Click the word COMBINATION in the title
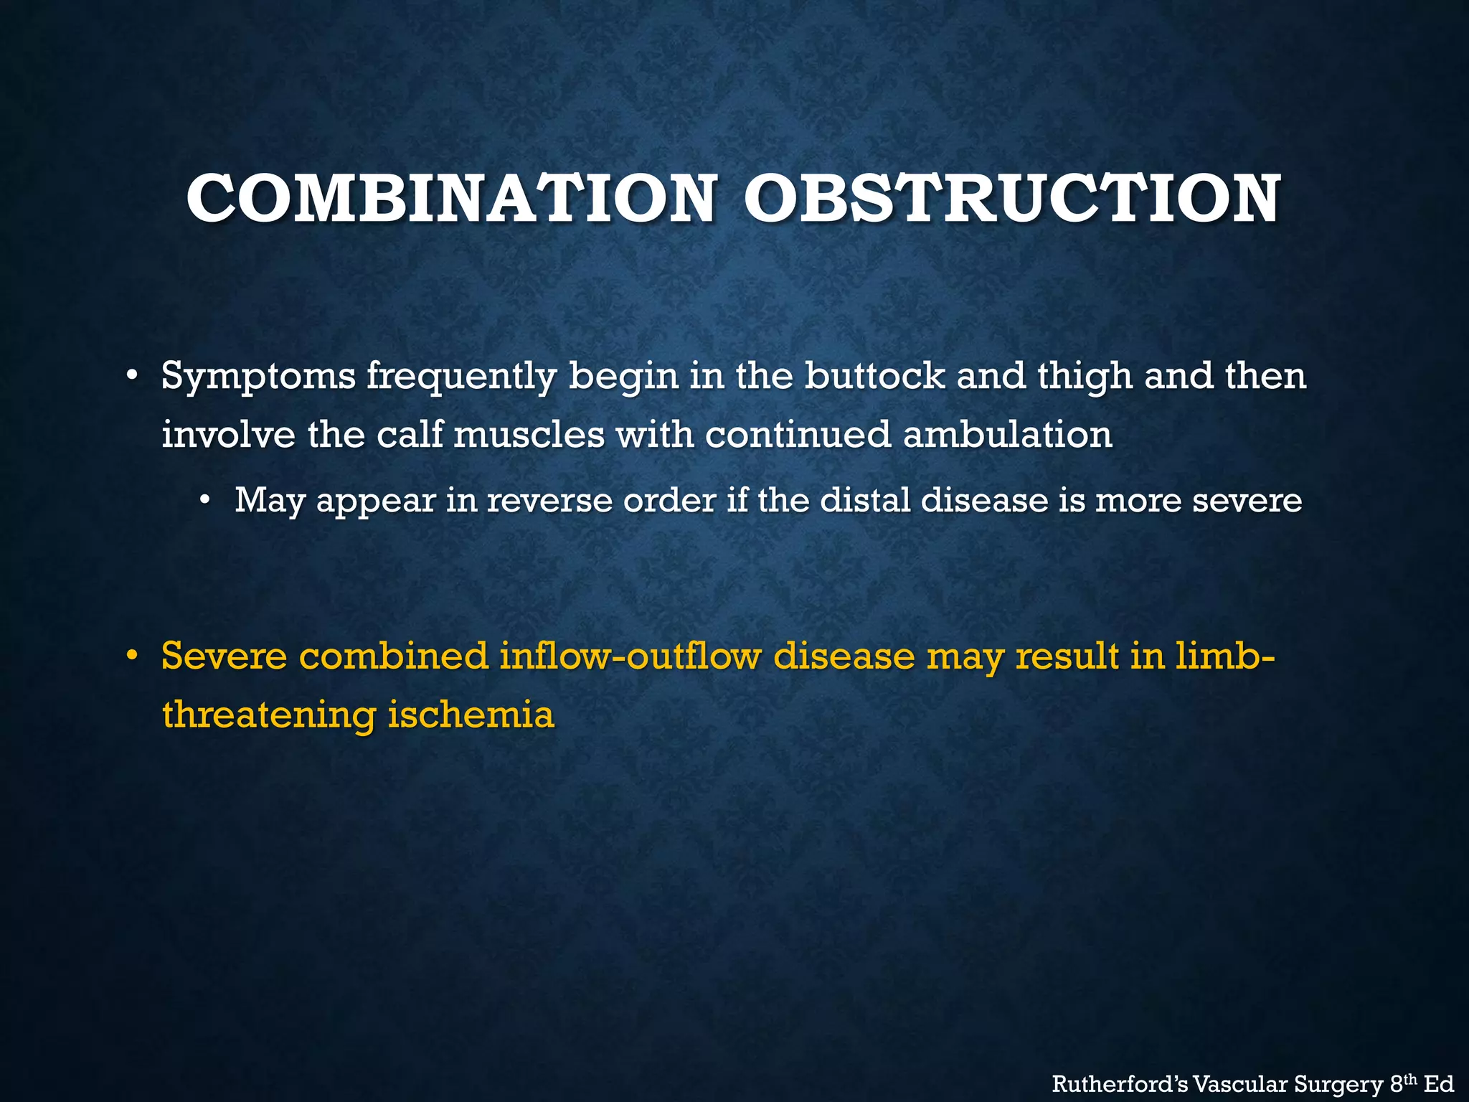tap(450, 199)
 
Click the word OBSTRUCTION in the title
tap(1011, 199)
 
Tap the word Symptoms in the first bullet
tap(258, 376)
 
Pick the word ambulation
tap(1007, 434)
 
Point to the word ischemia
tap(471, 715)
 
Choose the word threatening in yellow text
tap(269, 715)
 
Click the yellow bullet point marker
tap(131, 656)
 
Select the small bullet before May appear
tap(206, 500)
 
